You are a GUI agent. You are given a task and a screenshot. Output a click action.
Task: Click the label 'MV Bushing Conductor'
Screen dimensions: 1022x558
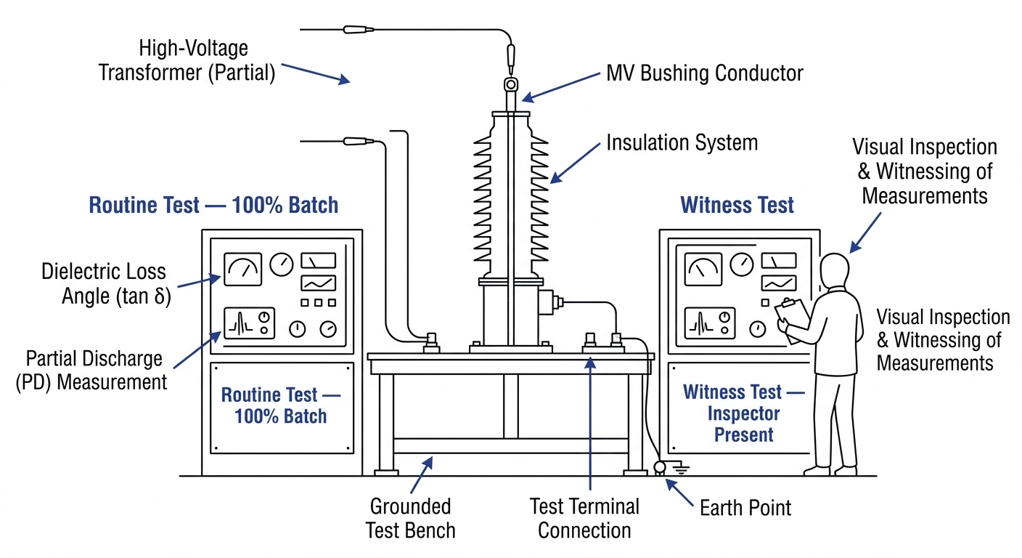pos(705,73)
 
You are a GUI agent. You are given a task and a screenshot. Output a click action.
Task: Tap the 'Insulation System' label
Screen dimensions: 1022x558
pos(682,142)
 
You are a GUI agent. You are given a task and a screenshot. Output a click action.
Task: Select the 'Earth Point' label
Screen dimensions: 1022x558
pos(745,508)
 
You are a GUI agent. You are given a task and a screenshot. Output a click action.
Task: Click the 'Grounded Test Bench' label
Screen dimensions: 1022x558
pos(411,518)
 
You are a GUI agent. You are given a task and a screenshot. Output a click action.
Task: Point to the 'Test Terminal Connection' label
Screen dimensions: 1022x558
pos(584,518)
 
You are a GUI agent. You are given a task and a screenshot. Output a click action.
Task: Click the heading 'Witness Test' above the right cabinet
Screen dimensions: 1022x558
pos(737,205)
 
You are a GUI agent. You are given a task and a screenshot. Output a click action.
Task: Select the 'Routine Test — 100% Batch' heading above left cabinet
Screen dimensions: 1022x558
pos(213,205)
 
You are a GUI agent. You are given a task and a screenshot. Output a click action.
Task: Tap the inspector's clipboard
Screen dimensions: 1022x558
pos(792,320)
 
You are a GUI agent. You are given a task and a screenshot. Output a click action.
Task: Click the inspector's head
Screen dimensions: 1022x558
pos(835,270)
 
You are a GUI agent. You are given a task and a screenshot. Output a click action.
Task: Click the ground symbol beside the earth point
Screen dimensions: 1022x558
pos(681,468)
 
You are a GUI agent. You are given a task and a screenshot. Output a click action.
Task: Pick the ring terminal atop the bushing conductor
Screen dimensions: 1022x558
pos(511,84)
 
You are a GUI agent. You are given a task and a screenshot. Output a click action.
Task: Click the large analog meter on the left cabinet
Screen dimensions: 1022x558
pos(242,270)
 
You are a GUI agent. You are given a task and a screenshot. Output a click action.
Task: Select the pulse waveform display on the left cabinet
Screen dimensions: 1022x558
pos(249,323)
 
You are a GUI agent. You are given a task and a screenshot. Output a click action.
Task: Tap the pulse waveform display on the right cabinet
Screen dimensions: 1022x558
pos(710,323)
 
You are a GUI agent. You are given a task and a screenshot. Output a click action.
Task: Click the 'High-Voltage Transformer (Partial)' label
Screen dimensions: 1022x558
pos(187,60)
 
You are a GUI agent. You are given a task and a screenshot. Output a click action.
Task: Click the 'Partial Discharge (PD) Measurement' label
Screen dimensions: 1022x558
pos(91,371)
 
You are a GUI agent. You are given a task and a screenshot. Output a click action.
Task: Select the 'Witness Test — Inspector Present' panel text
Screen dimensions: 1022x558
pos(744,413)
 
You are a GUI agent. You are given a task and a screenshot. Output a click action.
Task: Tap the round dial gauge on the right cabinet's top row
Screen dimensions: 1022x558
pos(742,264)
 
